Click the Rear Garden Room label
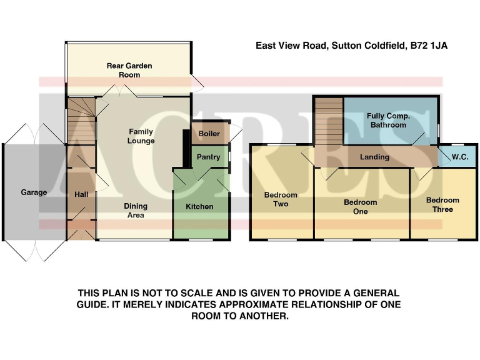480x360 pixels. tap(129, 70)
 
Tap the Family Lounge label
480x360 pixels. tap(141, 136)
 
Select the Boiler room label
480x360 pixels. tap(209, 134)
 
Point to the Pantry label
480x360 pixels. tap(209, 157)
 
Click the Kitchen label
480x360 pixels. tap(201, 206)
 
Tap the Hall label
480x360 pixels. tap(81, 195)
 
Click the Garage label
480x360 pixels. tap(34, 192)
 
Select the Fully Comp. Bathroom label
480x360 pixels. tap(388, 121)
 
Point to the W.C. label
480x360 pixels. tap(460, 157)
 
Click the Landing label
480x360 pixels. tap(374, 157)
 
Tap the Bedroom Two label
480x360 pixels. tap(281, 199)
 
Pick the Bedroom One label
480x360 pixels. tap(361, 207)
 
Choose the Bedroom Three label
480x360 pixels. tap(442, 205)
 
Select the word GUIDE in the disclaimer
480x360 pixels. tap(96, 304)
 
